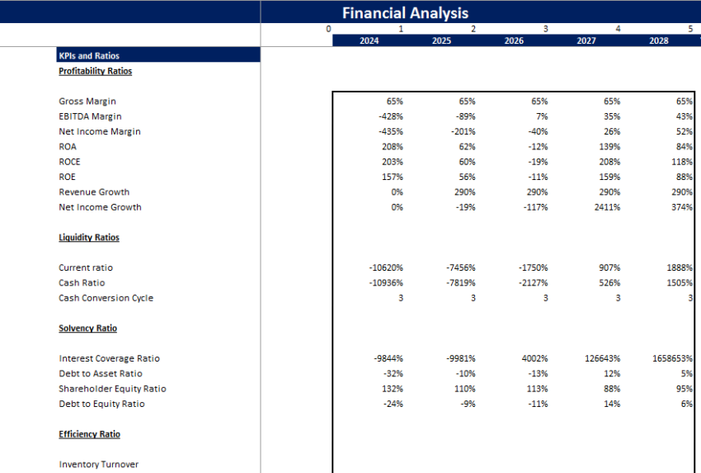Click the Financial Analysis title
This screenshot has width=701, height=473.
tap(405, 12)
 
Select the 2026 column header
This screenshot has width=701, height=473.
tap(514, 40)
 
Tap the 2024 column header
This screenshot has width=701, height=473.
tap(369, 40)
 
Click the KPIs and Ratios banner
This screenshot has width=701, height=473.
tap(89, 56)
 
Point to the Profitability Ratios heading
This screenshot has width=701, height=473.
tap(96, 71)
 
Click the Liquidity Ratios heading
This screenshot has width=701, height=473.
tap(89, 238)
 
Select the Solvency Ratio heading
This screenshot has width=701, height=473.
tap(88, 329)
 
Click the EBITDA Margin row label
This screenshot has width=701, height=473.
tap(90, 116)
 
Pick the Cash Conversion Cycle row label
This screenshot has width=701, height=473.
tap(106, 298)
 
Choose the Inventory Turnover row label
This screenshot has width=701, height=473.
tap(98, 465)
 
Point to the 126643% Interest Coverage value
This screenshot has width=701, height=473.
tap(604, 358)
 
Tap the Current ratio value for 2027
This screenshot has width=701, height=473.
tap(610, 267)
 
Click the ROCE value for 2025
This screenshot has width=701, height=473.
tap(467, 162)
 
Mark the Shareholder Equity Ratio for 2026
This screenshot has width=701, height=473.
tap(538, 389)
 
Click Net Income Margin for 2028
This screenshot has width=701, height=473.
tap(683, 131)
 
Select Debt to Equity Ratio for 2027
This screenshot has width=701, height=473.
tap(612, 404)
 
